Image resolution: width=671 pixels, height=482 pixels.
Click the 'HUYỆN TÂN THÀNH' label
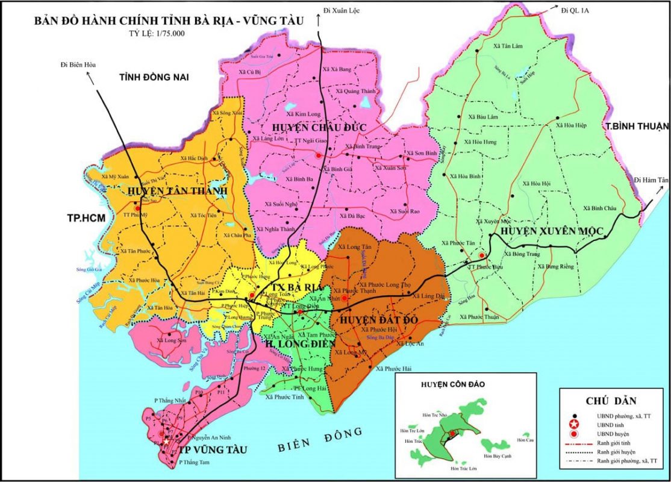[x=178, y=191]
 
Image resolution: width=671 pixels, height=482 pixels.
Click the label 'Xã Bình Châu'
[x=600, y=208]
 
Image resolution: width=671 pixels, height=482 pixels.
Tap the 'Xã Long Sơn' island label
[x=169, y=340]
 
